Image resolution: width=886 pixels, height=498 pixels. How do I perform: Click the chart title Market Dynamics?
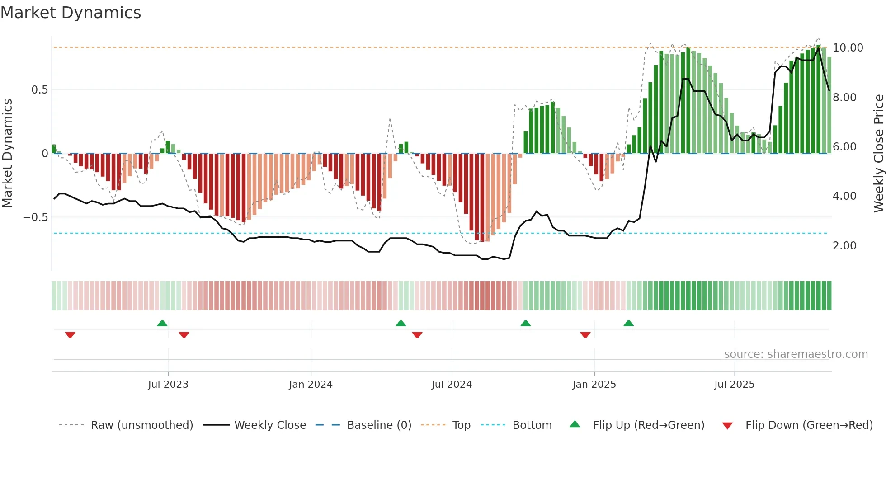tap(71, 13)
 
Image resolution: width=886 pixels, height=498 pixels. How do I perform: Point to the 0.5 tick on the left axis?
tap(39, 90)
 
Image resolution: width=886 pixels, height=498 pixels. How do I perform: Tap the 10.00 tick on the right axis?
tap(848, 48)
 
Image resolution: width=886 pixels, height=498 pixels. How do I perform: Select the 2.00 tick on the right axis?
tap(844, 246)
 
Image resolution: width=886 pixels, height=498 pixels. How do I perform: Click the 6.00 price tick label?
tap(844, 147)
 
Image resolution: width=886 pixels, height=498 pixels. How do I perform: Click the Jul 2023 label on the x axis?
tap(168, 385)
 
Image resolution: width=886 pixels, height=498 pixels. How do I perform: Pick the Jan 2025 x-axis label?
tap(594, 385)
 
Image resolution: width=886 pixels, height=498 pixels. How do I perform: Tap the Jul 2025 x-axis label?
tap(734, 385)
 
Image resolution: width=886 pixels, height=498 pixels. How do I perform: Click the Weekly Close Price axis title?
tap(878, 154)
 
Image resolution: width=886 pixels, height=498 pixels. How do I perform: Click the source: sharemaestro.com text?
tap(796, 354)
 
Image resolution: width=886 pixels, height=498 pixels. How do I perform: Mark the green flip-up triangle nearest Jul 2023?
tap(162, 323)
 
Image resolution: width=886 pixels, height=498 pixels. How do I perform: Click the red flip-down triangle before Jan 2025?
tap(585, 335)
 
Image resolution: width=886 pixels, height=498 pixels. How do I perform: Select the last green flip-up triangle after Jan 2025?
tap(628, 323)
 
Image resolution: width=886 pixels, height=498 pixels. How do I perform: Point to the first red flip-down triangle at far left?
tap(70, 335)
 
